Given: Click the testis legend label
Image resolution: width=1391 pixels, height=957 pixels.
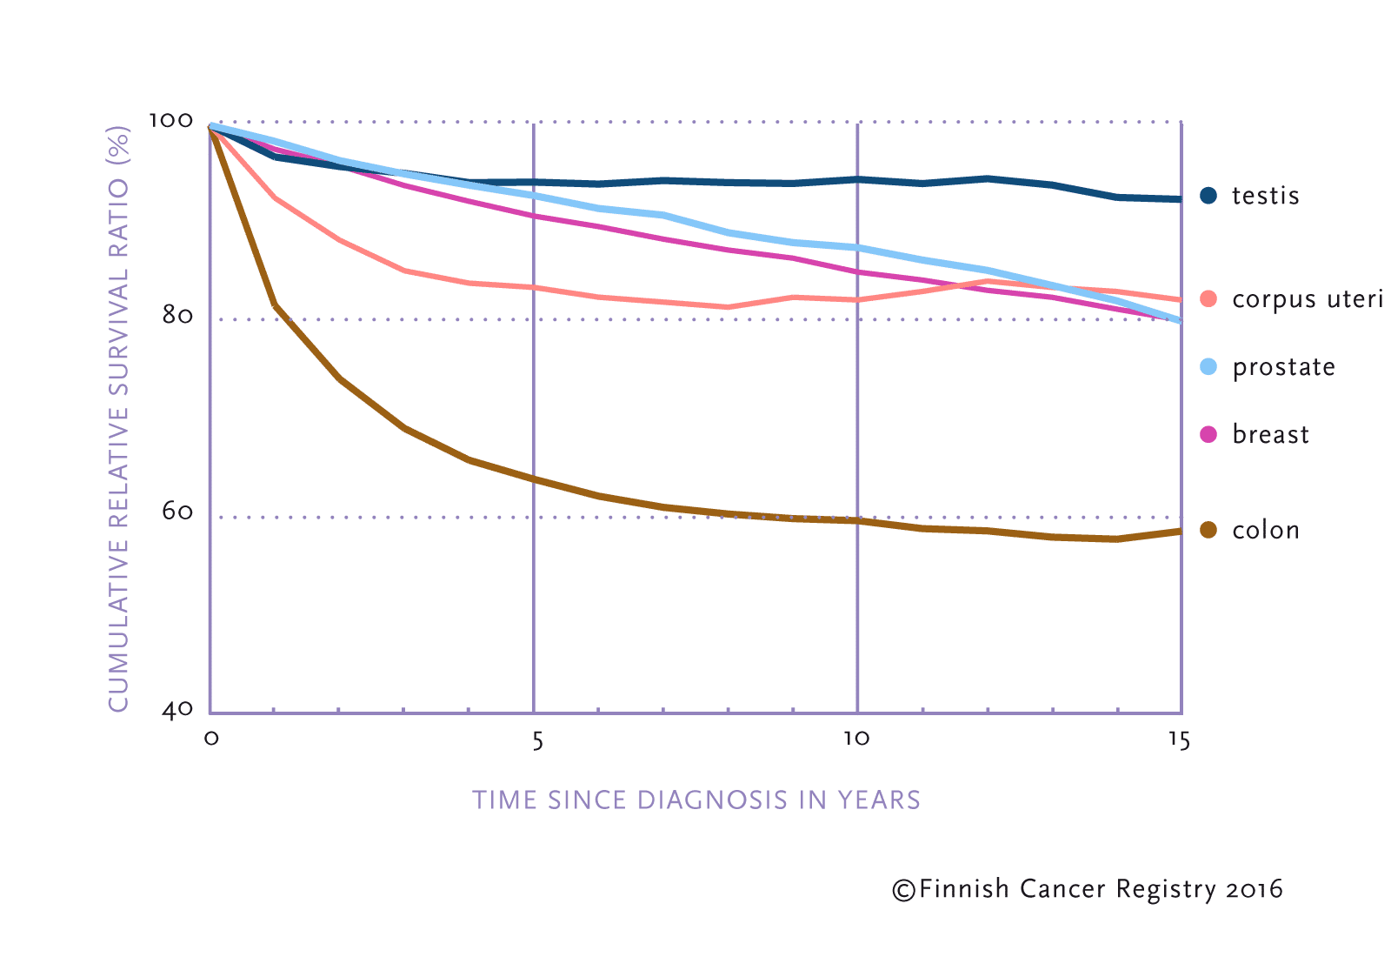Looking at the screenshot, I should [1265, 196].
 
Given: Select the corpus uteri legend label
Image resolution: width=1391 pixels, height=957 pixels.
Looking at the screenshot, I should [1307, 299].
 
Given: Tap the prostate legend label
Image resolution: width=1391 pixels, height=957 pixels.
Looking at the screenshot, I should [1283, 367].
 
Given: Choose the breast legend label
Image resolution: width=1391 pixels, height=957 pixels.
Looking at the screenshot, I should [1270, 435].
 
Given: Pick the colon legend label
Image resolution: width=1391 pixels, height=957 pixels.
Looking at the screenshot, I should [1266, 531].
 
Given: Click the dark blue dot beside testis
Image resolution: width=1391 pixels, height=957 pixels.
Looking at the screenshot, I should [1208, 196].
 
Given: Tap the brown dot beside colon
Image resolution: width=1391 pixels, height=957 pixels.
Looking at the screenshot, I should [1208, 531].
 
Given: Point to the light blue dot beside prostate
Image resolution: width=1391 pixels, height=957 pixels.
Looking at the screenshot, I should [1208, 367].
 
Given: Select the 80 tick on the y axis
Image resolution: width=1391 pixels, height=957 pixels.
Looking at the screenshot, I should [177, 315].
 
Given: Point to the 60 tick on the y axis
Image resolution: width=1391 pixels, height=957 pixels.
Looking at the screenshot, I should [177, 512].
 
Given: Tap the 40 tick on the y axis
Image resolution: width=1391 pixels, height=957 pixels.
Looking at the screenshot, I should [177, 710].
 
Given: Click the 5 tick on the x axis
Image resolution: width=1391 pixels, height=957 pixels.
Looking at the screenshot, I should [537, 739].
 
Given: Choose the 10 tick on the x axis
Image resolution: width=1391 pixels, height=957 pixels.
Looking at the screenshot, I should [856, 739].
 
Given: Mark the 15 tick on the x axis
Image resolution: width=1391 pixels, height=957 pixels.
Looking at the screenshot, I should [1179, 739].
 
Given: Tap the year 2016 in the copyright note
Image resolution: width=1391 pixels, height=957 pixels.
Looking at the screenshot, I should [1255, 890].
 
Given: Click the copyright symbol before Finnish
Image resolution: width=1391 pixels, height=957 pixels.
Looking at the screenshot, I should [903, 890].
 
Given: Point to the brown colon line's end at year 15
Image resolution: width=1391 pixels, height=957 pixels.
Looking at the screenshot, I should [1179, 531].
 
